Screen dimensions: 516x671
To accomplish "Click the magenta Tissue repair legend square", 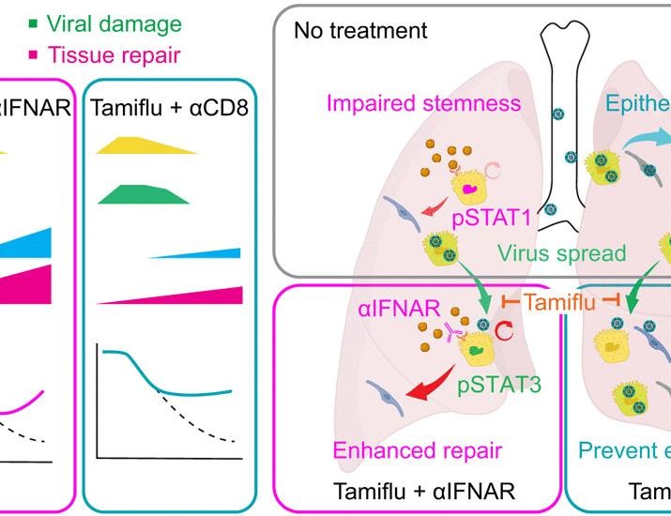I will [8, 55].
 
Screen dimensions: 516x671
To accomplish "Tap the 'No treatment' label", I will [360, 31].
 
